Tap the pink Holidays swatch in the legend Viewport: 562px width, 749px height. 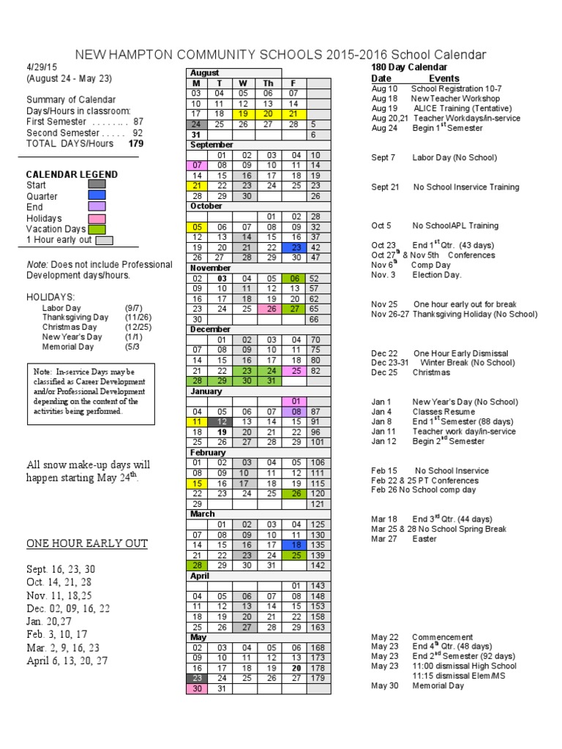point(97,218)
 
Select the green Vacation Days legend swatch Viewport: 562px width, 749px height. point(97,229)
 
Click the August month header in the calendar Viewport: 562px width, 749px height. point(204,73)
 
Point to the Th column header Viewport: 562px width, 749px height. point(269,83)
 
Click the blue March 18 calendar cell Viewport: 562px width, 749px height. point(296,545)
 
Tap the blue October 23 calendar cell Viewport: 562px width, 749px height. point(296,248)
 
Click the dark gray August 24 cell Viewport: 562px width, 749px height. point(196,124)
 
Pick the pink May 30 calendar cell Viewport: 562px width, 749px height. point(196,688)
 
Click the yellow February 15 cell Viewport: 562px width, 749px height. point(196,483)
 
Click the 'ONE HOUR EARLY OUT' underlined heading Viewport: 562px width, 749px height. point(87,543)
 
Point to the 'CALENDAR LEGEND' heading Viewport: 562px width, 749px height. point(72,175)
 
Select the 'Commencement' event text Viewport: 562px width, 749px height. point(442,637)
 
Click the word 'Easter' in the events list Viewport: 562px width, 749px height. point(424,539)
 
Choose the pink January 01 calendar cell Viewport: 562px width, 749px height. point(296,402)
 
